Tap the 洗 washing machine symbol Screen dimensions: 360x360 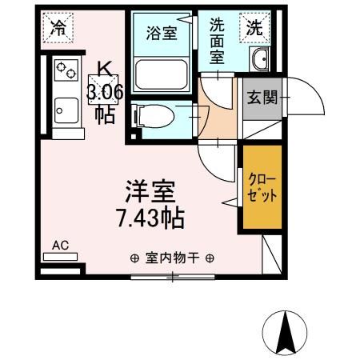(253, 26)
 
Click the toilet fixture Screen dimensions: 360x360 (151, 116)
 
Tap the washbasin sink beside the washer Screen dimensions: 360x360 (260, 59)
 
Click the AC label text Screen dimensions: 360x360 (60, 246)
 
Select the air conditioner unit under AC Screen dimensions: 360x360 (60, 258)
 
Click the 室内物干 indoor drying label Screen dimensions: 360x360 (171, 258)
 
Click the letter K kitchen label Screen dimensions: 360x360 (104, 69)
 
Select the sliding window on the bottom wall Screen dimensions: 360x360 (171, 277)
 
